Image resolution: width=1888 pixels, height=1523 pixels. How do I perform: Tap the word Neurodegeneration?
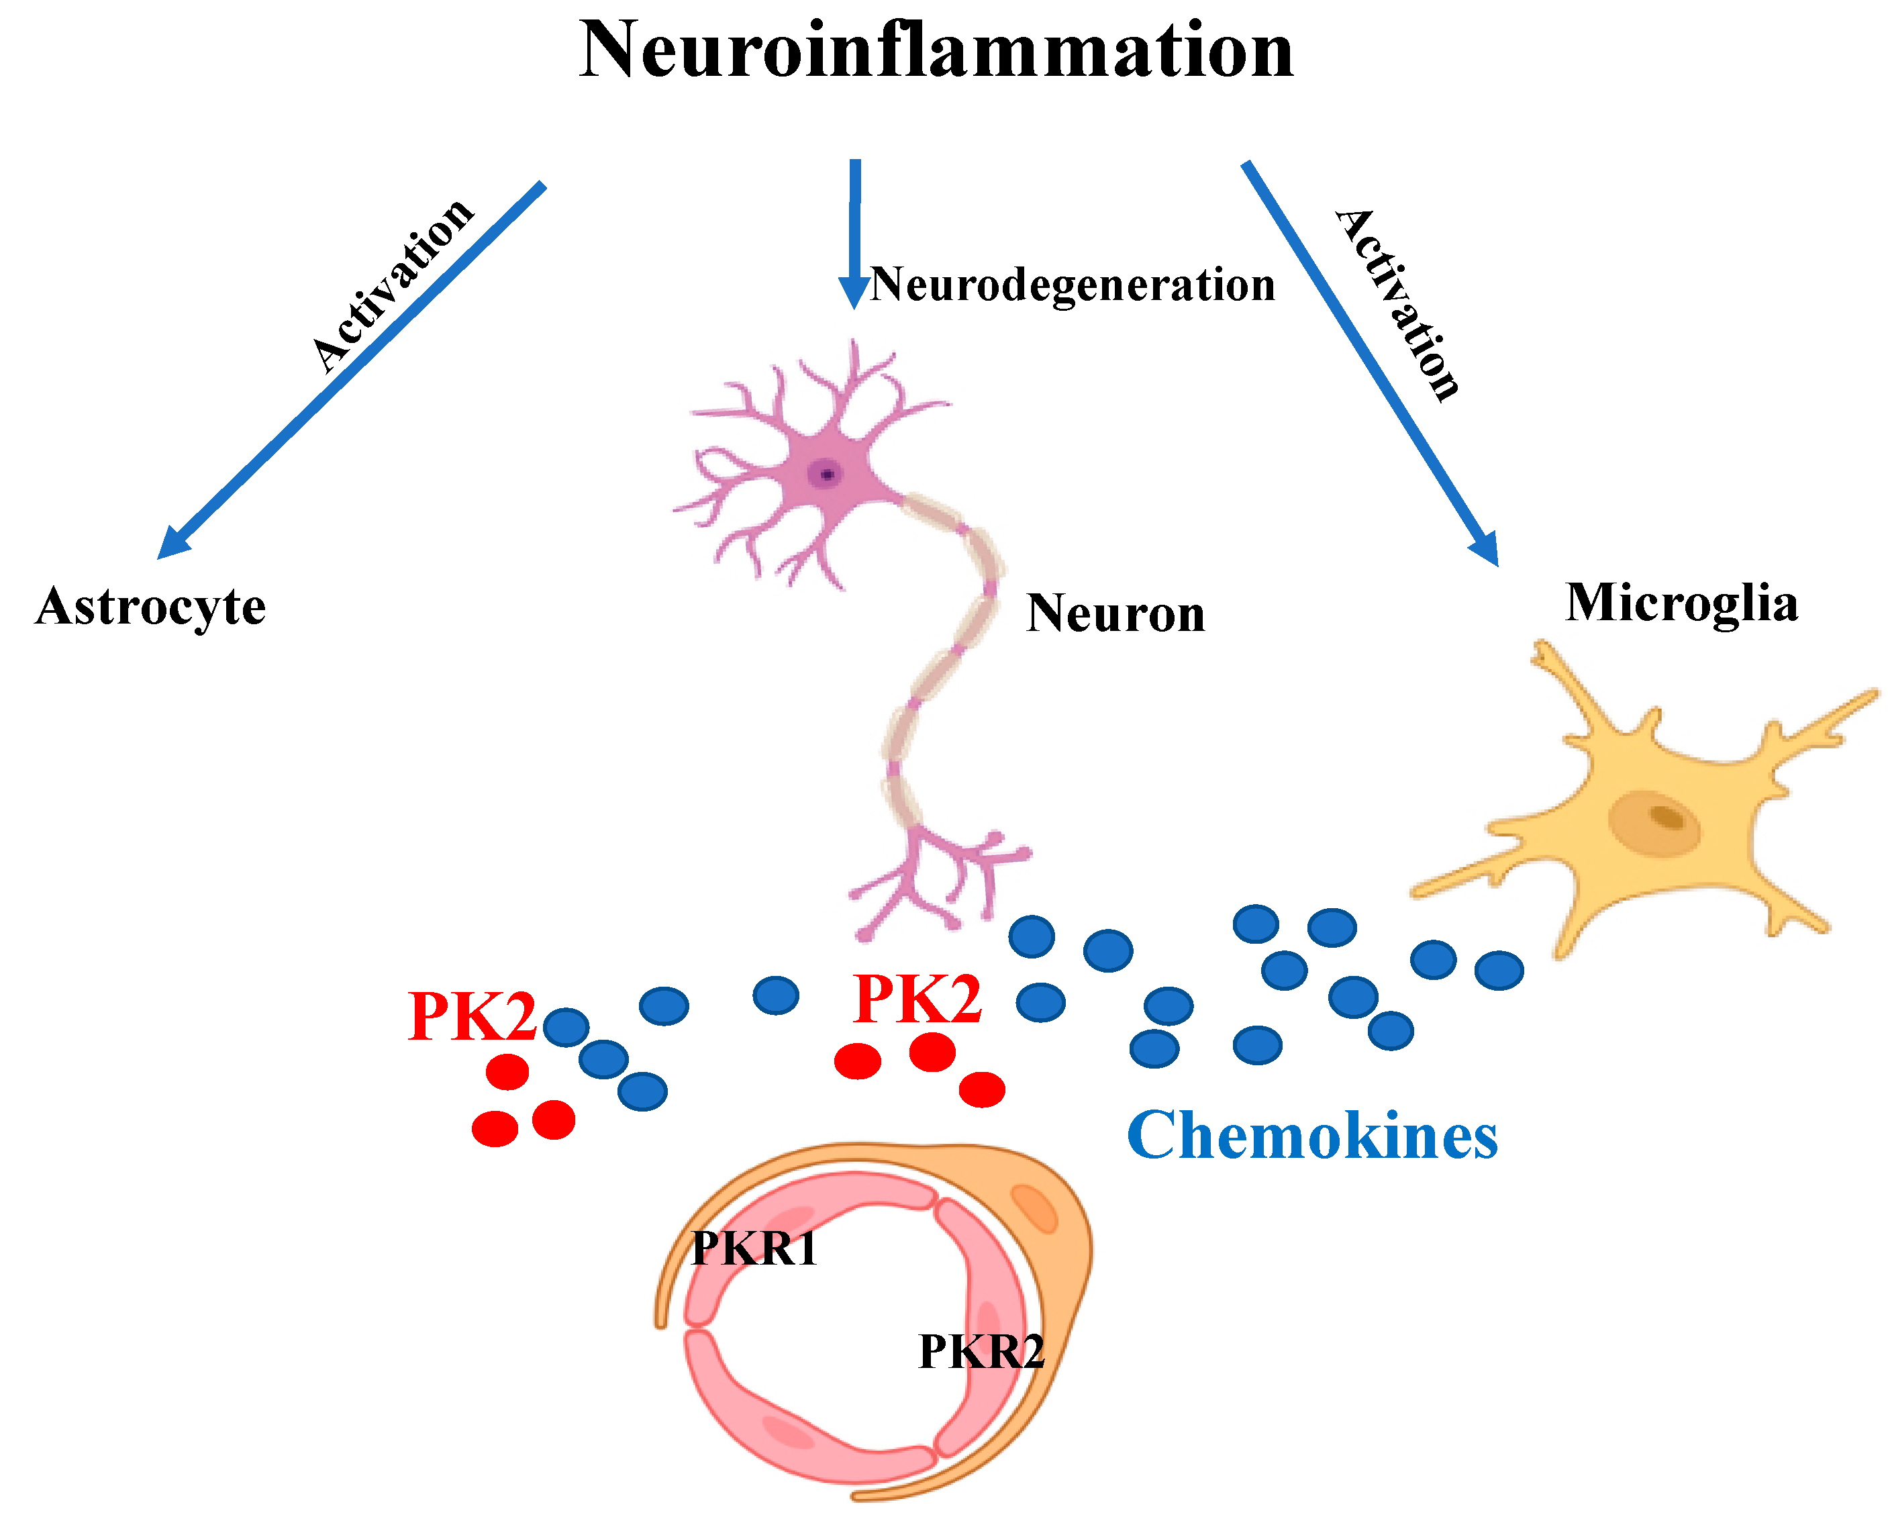coord(1072,285)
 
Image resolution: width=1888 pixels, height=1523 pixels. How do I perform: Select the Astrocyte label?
coord(150,607)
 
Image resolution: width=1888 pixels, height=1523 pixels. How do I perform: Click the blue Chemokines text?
coord(1313,1136)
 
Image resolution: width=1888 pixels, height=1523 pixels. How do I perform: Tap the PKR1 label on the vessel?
coord(754,1248)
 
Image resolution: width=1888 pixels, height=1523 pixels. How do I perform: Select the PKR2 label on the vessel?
coord(981,1352)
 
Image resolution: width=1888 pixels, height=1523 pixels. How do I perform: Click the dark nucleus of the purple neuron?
coord(826,475)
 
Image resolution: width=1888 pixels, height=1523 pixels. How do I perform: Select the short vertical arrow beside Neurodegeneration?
coord(854,232)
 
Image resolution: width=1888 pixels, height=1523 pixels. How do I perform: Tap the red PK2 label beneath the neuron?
coord(917,999)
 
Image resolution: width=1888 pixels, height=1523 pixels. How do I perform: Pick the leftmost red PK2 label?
coord(472,1017)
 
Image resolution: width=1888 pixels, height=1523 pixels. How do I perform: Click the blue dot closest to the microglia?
coord(1499,971)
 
